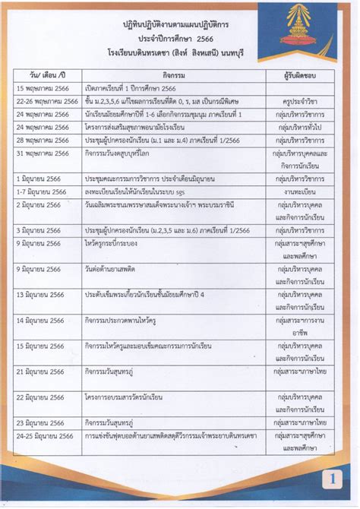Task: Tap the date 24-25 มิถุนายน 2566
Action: [45, 435]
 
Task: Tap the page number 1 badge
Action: [332, 479]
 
